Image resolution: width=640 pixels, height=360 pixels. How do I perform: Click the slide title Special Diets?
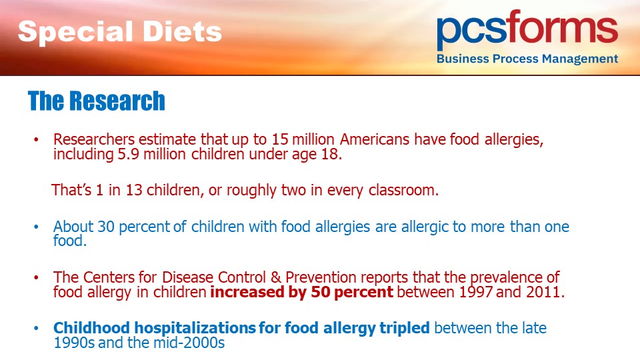click(119, 32)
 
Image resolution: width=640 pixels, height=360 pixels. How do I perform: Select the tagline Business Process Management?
click(527, 59)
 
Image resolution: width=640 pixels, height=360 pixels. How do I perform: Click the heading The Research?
click(96, 101)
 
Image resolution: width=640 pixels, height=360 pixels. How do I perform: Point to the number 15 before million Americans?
click(280, 139)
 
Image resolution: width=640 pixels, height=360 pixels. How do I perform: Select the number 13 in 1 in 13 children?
click(133, 190)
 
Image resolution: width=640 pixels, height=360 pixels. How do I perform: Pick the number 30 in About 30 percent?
click(106, 227)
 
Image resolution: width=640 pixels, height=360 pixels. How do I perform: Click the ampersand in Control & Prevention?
click(275, 277)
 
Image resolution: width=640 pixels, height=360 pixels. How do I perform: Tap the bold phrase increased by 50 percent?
click(301, 292)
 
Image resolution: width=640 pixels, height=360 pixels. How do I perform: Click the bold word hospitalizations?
click(195, 328)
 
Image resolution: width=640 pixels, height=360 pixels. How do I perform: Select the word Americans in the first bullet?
click(374, 139)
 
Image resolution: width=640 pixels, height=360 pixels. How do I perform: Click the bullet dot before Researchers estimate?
click(36, 139)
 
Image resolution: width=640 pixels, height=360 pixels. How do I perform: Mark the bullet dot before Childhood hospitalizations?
click(36, 328)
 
